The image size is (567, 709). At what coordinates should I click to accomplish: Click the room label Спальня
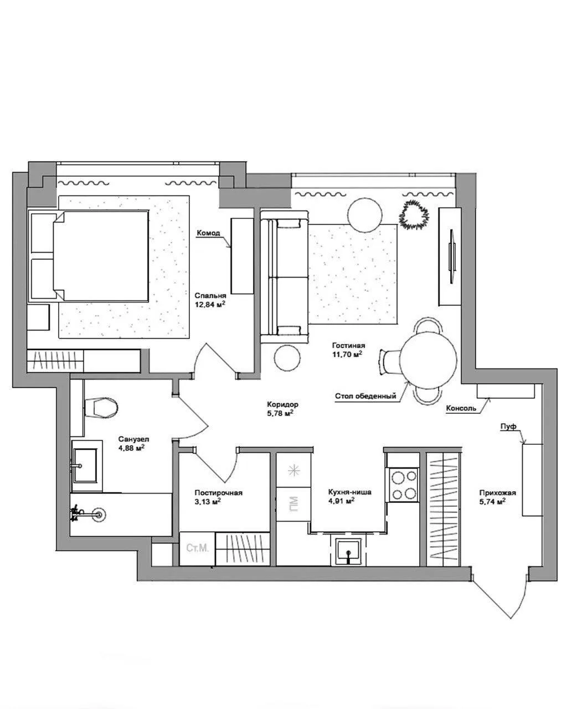(210, 295)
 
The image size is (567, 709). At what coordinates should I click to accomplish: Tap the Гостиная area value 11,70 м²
(347, 354)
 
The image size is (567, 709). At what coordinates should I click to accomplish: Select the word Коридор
(283, 404)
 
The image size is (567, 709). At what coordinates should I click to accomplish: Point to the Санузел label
(133, 439)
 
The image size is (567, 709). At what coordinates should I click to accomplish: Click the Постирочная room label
(218, 493)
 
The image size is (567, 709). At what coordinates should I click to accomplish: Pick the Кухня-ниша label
(349, 492)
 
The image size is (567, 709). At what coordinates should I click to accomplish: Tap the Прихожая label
(497, 493)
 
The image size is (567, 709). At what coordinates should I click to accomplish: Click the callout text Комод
(208, 233)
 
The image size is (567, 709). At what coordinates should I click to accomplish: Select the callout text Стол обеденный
(365, 396)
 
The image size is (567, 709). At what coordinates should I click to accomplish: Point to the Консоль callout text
(461, 408)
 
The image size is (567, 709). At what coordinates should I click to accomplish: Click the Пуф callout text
(509, 427)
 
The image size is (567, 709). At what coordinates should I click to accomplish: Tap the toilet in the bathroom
(100, 408)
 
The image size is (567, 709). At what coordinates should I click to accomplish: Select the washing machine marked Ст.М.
(197, 548)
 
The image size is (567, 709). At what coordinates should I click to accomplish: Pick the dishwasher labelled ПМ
(293, 504)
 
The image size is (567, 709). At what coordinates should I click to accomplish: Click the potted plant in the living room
(414, 214)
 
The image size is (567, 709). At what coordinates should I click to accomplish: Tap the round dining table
(429, 360)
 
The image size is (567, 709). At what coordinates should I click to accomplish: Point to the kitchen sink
(348, 549)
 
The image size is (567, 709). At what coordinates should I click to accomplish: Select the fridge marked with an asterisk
(294, 470)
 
